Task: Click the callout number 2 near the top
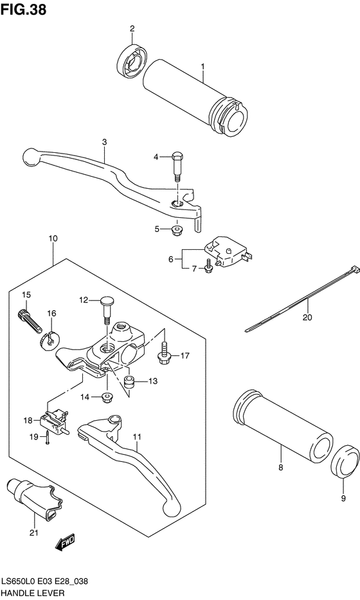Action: pyautogui.click(x=132, y=28)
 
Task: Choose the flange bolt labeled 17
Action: pyautogui.click(x=163, y=351)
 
